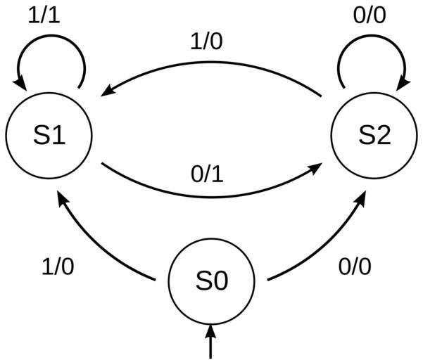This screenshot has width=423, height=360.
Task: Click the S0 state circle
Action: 211,281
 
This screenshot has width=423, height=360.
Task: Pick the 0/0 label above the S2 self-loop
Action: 369,15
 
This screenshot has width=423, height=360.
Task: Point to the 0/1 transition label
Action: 207,174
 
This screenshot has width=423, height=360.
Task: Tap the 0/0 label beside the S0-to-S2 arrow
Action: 355,267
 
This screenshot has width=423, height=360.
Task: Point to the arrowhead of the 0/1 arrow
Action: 317,167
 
